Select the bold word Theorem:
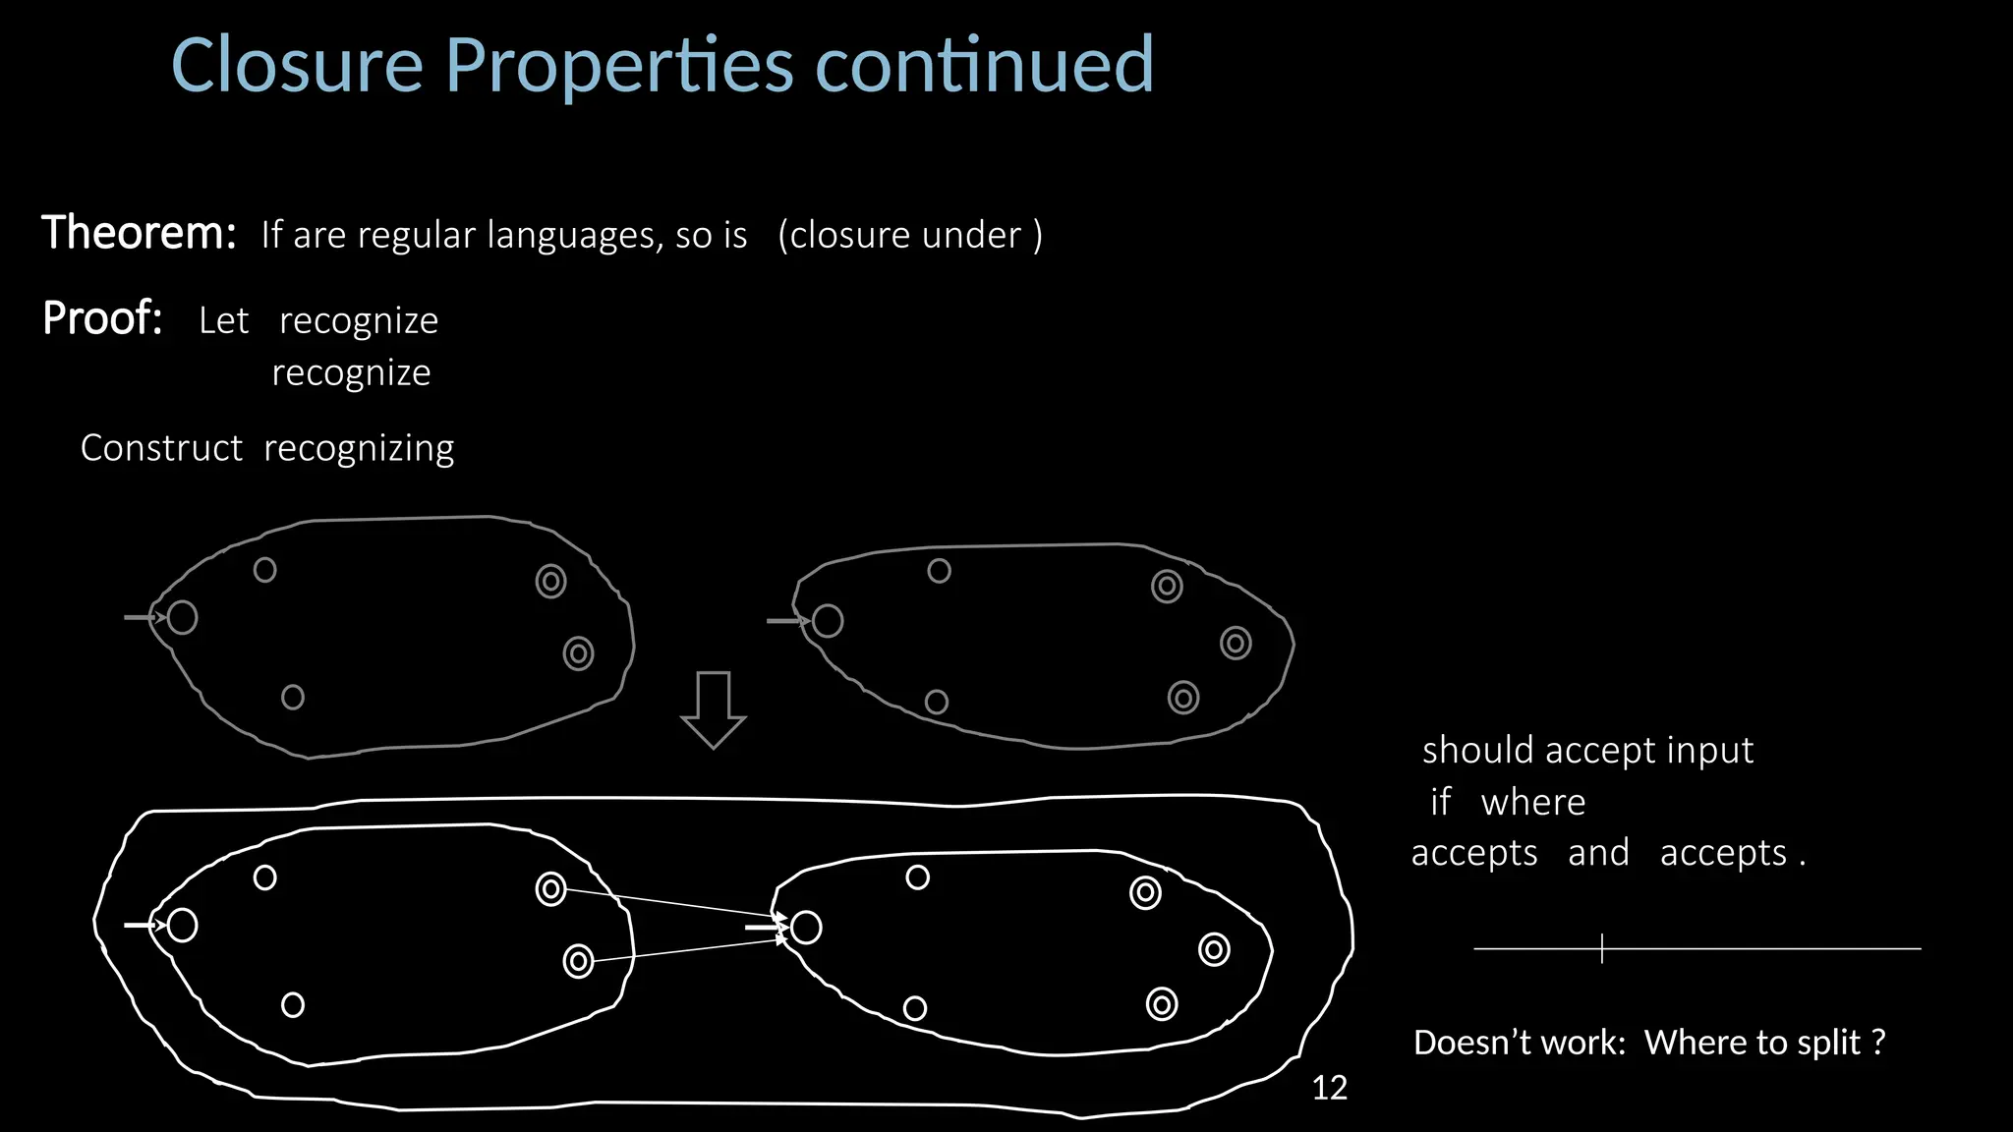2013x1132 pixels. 139,234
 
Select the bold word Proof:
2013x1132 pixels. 102,318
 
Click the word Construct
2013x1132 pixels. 161,448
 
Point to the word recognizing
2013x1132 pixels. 359,449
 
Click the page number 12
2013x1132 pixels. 1329,1088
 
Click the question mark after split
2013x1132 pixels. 1878,1042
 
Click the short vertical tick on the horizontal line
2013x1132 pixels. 1602,948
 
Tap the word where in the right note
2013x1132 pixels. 1533,803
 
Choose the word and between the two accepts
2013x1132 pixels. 1598,853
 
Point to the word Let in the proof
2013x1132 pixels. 223,320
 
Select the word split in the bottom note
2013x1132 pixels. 1825,1043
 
